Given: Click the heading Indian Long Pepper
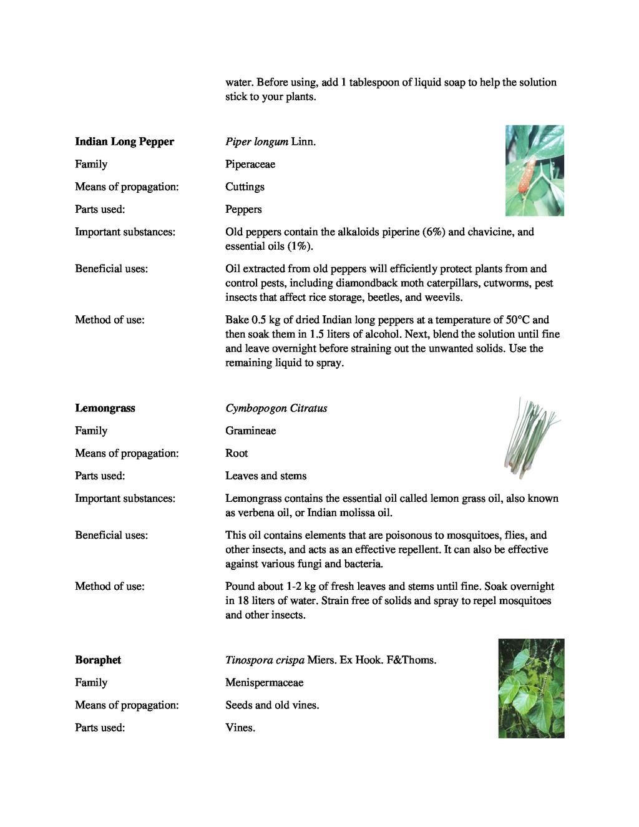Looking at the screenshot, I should pos(124,142).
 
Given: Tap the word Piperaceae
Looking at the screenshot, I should pos(250,164).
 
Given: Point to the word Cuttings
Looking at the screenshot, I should pos(245,187).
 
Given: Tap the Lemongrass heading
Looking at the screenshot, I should pos(105,408).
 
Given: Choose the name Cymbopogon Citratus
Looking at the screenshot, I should pos(276,408).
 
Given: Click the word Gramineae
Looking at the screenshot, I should pos(250,431).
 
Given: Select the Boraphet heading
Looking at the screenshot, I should pos(98,660).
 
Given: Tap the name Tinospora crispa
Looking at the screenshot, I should pos(265,660).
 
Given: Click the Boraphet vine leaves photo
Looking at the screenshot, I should pos(531,688).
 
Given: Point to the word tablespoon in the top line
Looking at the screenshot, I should pos(376,82).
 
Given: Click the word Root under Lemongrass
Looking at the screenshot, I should pos(237,453).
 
